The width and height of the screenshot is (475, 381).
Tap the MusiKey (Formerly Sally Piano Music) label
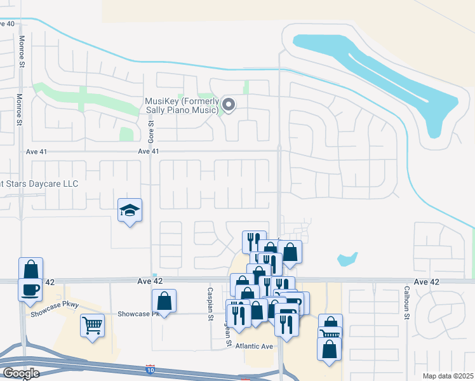pos(182,106)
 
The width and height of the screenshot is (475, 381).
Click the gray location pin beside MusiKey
pos(228,105)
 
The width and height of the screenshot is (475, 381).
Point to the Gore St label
pos(151,133)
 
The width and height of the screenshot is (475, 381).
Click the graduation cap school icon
pos(130,211)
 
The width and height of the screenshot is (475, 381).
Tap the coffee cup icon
pos(31,290)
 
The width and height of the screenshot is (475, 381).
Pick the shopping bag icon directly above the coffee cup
pos(31,269)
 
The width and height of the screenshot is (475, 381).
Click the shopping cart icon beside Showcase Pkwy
pos(92,326)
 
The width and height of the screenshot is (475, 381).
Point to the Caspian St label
pos(209,311)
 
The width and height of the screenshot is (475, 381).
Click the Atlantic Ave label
pos(253,346)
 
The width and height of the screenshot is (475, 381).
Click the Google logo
pos(22,373)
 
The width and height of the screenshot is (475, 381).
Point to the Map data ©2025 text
pos(447,376)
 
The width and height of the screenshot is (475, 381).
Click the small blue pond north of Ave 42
pos(347,259)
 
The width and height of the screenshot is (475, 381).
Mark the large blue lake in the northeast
pos(381,76)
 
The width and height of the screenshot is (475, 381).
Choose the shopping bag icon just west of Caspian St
pos(164,301)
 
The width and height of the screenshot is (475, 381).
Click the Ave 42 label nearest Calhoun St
pos(426,281)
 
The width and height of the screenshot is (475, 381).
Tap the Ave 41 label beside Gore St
pos(147,151)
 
